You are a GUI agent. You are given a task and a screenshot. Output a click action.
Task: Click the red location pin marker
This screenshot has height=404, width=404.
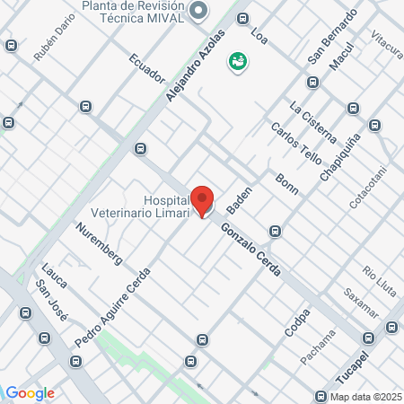[203, 200]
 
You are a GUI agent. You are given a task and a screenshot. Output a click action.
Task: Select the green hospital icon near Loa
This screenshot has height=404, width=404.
[239, 62]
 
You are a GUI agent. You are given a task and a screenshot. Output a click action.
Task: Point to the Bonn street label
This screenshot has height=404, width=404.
[287, 183]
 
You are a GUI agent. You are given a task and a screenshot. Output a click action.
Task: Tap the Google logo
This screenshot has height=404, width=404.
[30, 392]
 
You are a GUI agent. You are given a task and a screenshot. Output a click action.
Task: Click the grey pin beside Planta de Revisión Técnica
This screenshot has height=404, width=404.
[198, 12]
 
